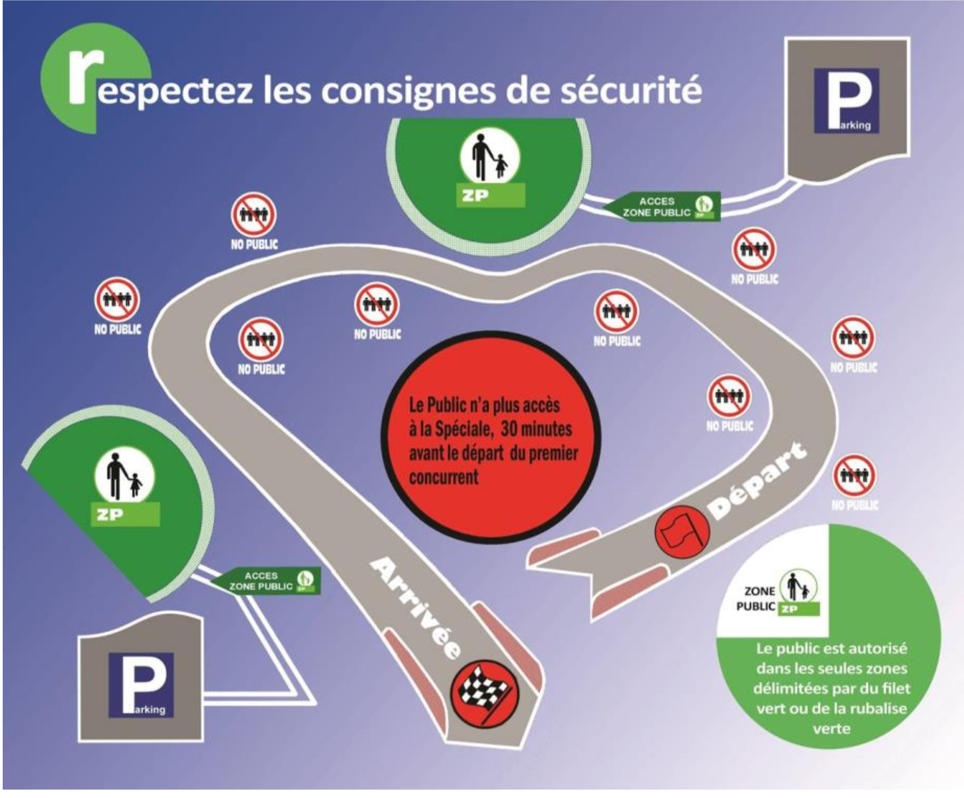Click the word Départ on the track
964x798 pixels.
point(758,479)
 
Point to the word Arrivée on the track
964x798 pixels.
point(415,607)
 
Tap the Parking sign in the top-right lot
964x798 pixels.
point(846,100)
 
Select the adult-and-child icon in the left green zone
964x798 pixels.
point(124,475)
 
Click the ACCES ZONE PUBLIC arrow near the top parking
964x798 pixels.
point(661,207)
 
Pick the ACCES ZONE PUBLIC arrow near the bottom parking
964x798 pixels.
point(265,581)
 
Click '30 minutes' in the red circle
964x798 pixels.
point(537,429)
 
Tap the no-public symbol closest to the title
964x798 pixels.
point(254,215)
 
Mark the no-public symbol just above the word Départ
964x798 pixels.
point(729,396)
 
